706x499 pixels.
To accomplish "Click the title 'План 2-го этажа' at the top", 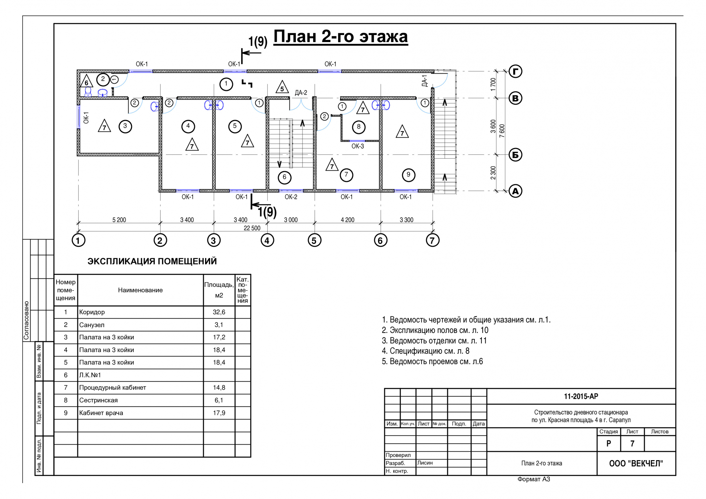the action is [x=341, y=37].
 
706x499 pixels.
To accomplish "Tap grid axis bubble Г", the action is [x=515, y=71].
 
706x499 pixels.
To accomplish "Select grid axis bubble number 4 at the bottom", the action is [x=267, y=240].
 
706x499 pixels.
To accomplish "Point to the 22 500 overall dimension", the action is [x=252, y=228].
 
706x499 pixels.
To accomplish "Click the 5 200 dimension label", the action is [x=119, y=220].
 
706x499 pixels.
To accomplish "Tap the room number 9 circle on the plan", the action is [x=408, y=175].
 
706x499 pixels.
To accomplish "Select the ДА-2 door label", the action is [x=301, y=93].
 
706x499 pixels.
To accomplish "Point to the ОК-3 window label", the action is [x=358, y=146].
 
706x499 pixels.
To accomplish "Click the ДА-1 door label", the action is [x=425, y=81].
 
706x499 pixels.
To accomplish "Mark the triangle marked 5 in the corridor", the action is [x=282, y=87].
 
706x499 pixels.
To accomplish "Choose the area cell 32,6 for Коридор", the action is [x=219, y=312].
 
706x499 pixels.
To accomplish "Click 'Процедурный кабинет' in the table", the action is [x=113, y=387].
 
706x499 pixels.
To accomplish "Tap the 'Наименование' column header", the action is [x=140, y=290].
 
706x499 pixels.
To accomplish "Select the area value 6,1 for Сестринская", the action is [x=219, y=400].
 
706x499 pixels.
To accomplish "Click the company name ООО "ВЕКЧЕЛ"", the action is [x=636, y=463].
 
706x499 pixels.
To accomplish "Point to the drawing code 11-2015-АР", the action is [x=581, y=396].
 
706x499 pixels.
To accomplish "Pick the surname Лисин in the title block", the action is [x=425, y=463].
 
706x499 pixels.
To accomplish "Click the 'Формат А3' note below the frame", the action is [x=534, y=479].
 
